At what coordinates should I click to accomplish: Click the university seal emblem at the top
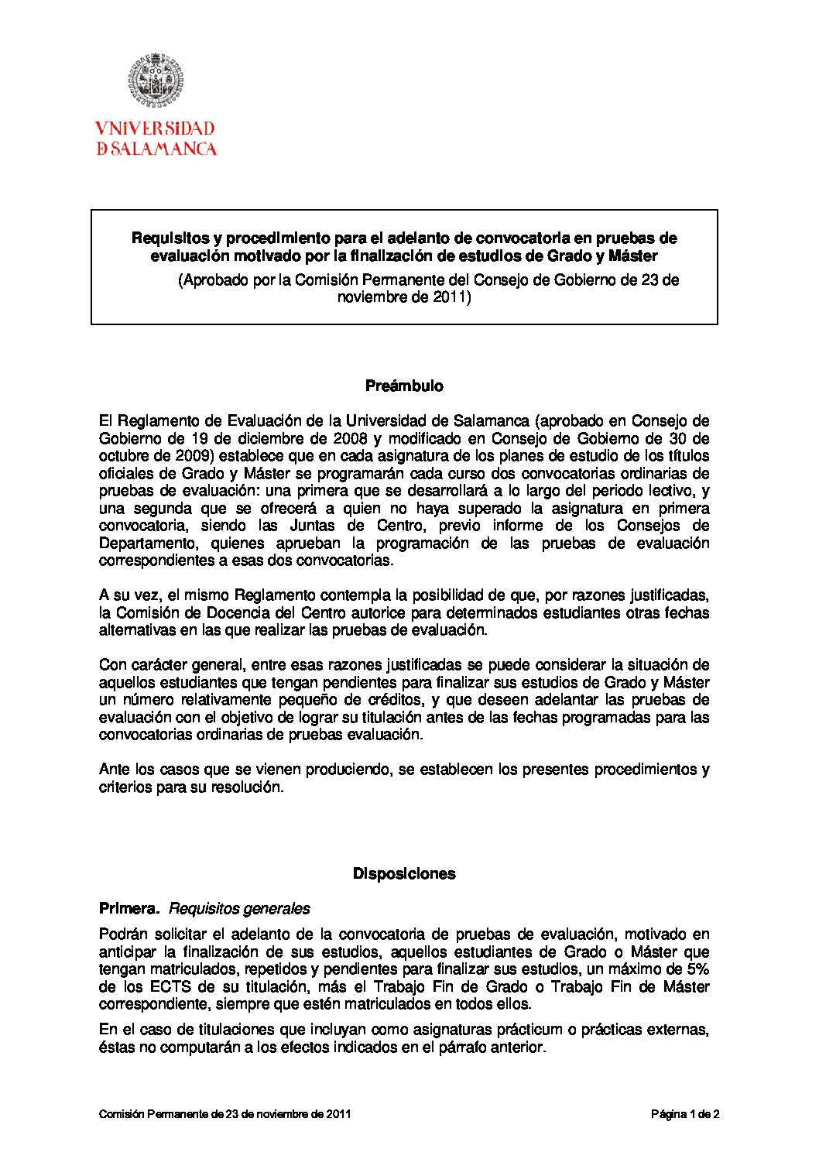[x=156, y=81]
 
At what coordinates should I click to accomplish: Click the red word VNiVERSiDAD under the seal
[x=155, y=129]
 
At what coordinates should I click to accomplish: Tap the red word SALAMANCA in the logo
[x=163, y=149]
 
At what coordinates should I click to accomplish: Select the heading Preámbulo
[x=404, y=386]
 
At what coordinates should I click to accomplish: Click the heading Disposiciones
[x=404, y=873]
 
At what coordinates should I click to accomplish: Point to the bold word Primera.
[x=129, y=908]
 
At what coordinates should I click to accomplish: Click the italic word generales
[x=276, y=908]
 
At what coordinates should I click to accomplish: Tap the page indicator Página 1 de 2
[x=685, y=1114]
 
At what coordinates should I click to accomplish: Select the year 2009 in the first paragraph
[x=191, y=456]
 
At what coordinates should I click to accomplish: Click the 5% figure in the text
[x=698, y=969]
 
